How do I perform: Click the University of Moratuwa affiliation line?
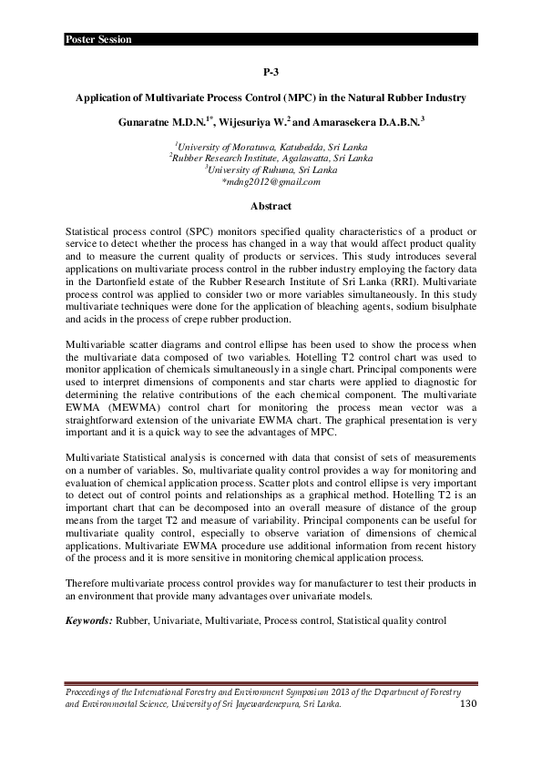(x=271, y=145)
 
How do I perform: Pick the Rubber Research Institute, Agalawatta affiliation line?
(x=271, y=158)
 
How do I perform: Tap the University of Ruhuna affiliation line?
(x=271, y=169)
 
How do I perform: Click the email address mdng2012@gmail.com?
(x=271, y=182)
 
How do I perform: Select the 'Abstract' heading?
(x=271, y=206)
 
